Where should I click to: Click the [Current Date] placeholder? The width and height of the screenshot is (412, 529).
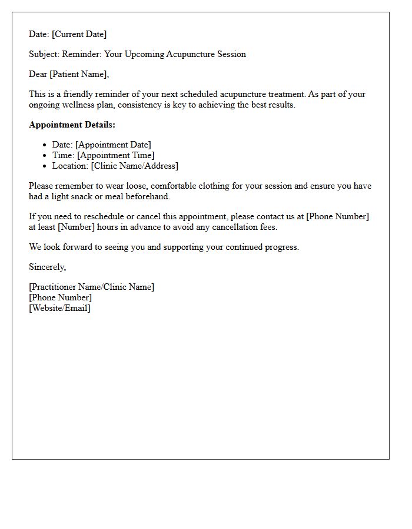tap(79, 34)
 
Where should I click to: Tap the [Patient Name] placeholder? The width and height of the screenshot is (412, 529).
tap(82, 74)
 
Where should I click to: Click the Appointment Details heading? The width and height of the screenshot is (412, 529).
tap(72, 125)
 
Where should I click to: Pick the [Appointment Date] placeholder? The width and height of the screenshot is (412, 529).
tap(113, 145)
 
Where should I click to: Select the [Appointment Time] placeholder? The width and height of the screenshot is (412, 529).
tap(115, 155)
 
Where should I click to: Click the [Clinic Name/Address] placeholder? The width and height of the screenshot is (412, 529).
tap(135, 166)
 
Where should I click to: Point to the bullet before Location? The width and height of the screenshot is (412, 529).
tap(45, 166)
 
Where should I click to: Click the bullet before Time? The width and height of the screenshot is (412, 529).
tap(45, 155)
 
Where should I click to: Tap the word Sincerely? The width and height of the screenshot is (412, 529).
tap(47, 267)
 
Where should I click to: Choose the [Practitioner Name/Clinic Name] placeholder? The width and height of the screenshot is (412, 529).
tap(91, 287)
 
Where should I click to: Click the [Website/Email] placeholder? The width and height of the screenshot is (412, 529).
tap(59, 308)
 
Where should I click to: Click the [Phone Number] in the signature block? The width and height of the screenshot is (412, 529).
tap(60, 297)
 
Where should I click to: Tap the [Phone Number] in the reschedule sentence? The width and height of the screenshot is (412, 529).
tap(337, 216)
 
